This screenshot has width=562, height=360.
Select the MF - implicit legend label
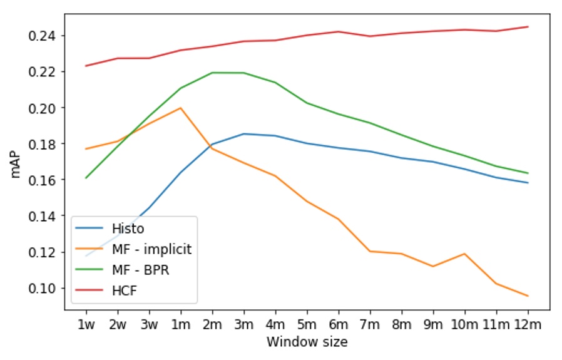pyautogui.click(x=151, y=249)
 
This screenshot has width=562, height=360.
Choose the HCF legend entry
pyautogui.click(x=125, y=292)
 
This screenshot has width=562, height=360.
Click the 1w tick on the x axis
pyautogui.click(x=86, y=325)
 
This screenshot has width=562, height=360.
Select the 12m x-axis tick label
pyautogui.click(x=527, y=325)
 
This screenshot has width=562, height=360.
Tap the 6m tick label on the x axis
pyautogui.click(x=338, y=325)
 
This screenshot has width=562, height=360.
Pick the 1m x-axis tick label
pyautogui.click(x=180, y=325)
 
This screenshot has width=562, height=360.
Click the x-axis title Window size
pyautogui.click(x=307, y=342)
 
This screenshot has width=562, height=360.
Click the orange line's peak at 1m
pyautogui.click(x=180, y=108)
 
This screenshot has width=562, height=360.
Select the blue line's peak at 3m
pyautogui.click(x=243, y=134)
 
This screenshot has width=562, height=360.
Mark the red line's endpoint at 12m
pyautogui.click(x=528, y=27)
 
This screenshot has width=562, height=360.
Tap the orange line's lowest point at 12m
pyautogui.click(x=528, y=296)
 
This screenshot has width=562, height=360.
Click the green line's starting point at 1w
pyautogui.click(x=86, y=178)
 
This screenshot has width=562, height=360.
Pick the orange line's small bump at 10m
pyautogui.click(x=464, y=254)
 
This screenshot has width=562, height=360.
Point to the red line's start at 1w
pyautogui.click(x=86, y=66)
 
